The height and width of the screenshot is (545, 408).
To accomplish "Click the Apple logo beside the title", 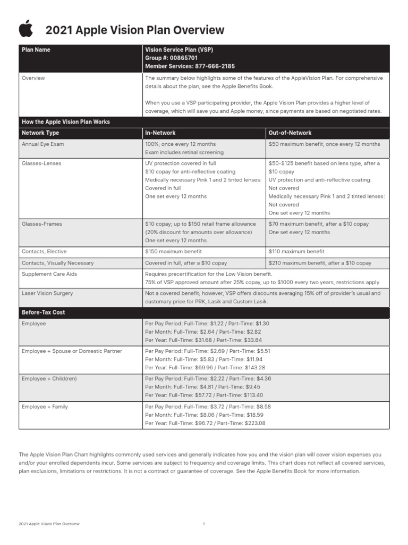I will pyautogui.click(x=25, y=29).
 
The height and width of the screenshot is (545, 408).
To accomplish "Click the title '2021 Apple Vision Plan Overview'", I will pyautogui.click(x=135, y=30).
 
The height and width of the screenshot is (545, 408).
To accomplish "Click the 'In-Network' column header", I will pyautogui.click(x=160, y=133).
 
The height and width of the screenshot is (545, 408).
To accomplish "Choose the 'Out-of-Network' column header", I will pyautogui.click(x=290, y=133).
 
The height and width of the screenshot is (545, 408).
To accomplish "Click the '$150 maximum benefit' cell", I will pyautogui.click(x=173, y=251).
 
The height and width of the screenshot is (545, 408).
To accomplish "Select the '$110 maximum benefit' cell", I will pyautogui.click(x=296, y=251).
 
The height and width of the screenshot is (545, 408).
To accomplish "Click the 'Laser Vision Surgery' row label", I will pyautogui.click(x=47, y=293).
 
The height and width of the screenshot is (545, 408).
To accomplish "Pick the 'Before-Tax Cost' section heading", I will pyautogui.click(x=43, y=312).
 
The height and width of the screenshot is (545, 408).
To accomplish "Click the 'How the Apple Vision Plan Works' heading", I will pyautogui.click(x=65, y=122).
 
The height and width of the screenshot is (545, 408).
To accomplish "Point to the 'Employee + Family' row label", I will pyautogui.click(x=45, y=407).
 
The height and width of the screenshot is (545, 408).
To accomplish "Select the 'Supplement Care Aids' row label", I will pyautogui.click(x=49, y=274).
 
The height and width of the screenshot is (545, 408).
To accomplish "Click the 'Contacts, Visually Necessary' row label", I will pyautogui.click(x=57, y=263).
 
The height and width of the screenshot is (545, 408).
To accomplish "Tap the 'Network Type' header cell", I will pyautogui.click(x=40, y=133).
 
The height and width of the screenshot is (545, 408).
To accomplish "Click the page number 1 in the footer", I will pyautogui.click(x=203, y=524).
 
